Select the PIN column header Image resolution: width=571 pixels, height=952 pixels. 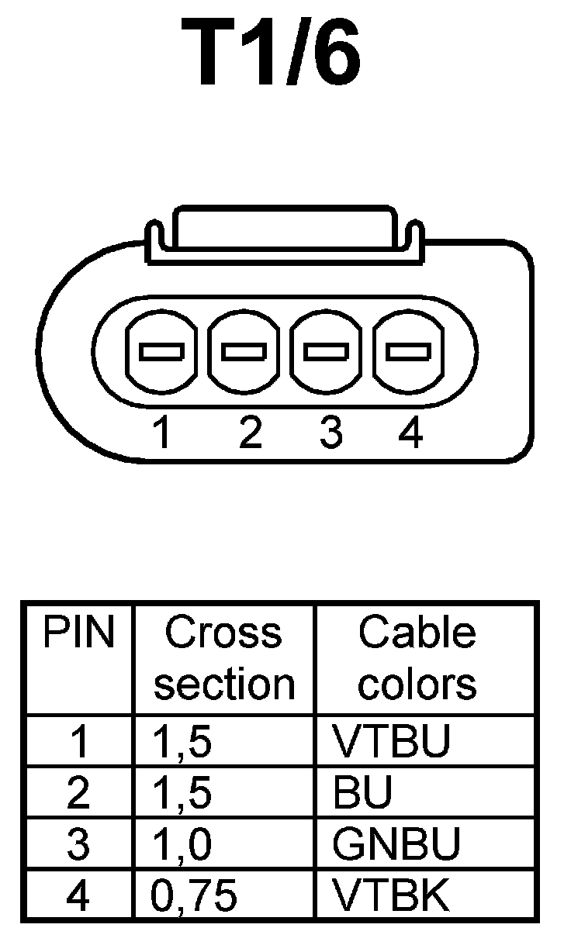coord(78,633)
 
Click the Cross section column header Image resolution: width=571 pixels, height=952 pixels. coord(224,658)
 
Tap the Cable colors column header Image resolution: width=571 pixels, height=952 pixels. coord(417,658)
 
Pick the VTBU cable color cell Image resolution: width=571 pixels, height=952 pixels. coord(391,742)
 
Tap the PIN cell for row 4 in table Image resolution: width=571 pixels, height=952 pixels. coord(78,895)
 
